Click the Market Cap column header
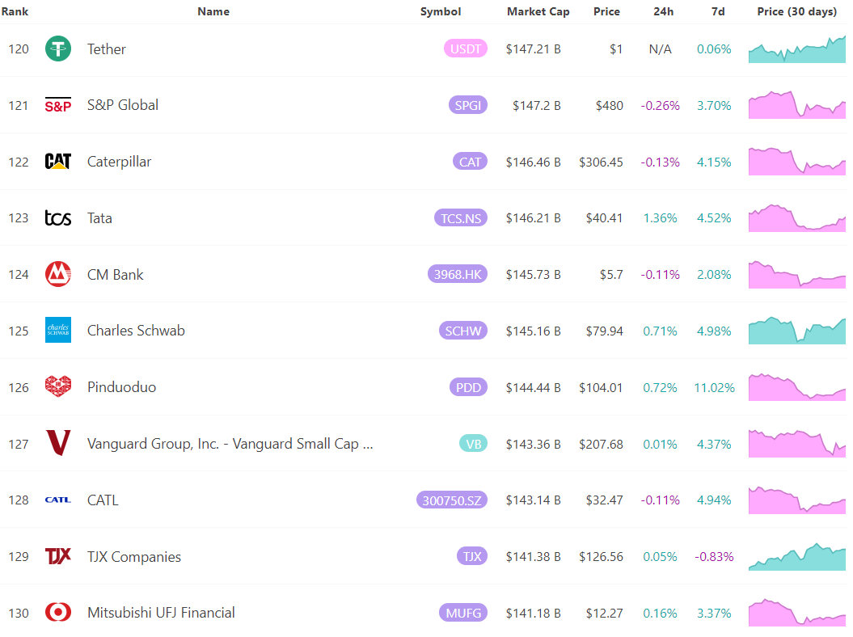tap(538, 11)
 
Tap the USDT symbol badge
tap(466, 49)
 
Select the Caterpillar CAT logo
tap(58, 162)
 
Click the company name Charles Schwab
tap(136, 331)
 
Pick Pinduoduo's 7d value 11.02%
tap(714, 387)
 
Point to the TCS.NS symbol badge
tap(461, 218)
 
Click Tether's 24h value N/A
tap(660, 49)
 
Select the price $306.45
tap(601, 162)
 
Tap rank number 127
tap(19, 444)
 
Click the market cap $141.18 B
tap(533, 613)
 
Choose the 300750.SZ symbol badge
tap(452, 500)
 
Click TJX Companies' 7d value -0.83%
tap(714, 556)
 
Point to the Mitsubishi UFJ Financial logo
tap(58, 613)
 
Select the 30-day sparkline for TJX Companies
tap(796, 556)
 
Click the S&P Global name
tap(123, 105)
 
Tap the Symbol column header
tap(441, 11)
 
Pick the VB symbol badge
tap(473, 444)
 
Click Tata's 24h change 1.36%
tap(660, 218)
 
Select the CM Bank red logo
tap(58, 275)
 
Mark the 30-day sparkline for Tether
tap(796, 49)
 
